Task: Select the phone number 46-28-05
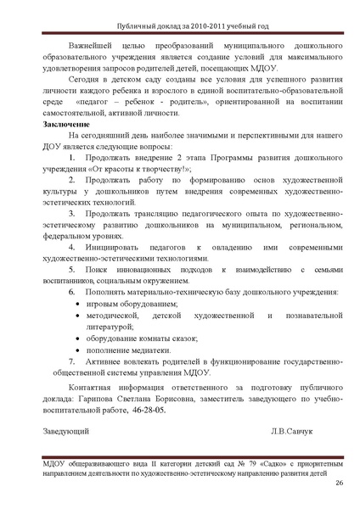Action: [x=149, y=409]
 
